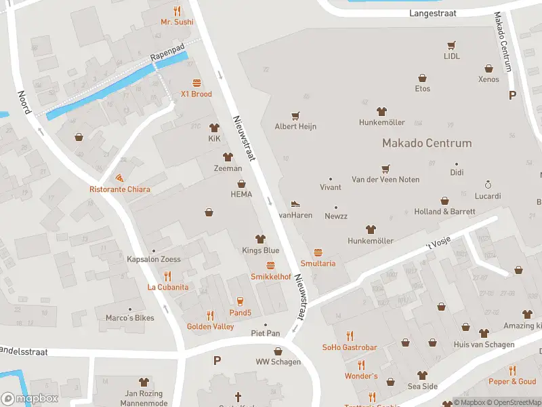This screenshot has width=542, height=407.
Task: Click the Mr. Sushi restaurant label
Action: coord(177,22)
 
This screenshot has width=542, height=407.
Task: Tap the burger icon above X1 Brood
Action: coord(196,83)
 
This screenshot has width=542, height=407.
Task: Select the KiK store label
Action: coord(214,138)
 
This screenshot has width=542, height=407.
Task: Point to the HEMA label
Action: coord(241,194)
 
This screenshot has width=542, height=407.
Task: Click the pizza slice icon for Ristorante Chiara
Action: coord(120,178)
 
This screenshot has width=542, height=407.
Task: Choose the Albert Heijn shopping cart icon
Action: coord(295,116)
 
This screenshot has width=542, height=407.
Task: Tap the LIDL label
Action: coord(451,56)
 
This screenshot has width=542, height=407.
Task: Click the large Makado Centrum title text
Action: coord(427,143)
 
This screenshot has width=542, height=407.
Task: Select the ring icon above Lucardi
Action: coord(488,184)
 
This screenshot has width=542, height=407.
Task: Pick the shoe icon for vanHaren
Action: coord(295,203)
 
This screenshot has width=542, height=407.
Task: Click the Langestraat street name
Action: coord(433,13)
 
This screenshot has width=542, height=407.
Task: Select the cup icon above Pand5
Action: coord(239,301)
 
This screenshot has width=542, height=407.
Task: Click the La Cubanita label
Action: coord(168,287)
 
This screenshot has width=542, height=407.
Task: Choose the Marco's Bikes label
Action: coord(130,317)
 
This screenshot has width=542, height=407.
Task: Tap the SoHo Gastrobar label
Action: coord(350,347)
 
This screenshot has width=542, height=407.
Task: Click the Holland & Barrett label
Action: coord(444,212)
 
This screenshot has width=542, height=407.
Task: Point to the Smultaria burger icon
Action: coord(318,252)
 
